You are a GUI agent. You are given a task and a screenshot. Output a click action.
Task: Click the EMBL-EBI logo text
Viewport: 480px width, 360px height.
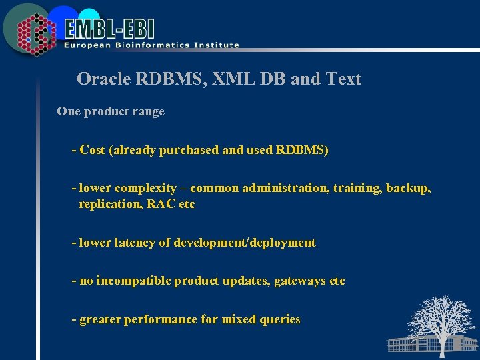[x=110, y=28]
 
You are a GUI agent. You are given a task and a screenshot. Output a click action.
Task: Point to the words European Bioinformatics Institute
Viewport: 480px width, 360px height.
[x=151, y=45]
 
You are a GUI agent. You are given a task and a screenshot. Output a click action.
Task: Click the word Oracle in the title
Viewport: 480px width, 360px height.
[x=101, y=79]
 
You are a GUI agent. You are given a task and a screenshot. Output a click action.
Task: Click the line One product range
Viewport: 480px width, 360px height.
[x=111, y=112]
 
